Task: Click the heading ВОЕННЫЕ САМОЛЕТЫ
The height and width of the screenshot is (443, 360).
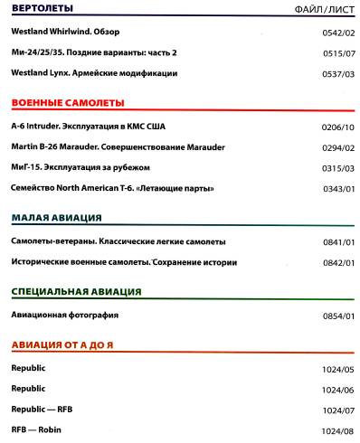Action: coord(68,103)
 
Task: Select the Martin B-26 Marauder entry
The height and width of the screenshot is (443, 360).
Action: coord(118,146)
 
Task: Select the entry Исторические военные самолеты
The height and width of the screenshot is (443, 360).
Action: coord(124,262)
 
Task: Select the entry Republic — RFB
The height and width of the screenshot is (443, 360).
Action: coord(42,409)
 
